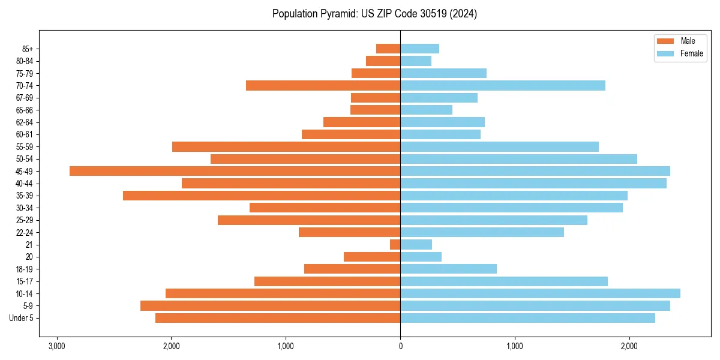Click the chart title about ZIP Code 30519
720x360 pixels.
coord(374,14)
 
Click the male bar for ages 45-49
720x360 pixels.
coord(235,171)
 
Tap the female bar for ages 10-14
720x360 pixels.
coord(540,293)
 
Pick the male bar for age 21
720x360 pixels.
coord(395,244)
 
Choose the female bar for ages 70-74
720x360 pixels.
coord(503,85)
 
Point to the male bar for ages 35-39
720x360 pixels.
coord(262,196)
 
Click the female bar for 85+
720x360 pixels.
coord(419,49)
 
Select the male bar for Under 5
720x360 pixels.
coord(278,318)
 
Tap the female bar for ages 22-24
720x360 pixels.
coord(482,232)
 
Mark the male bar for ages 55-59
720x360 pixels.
coord(286,146)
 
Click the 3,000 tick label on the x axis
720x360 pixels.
coord(57,346)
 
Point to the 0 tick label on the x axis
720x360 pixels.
coord(400,346)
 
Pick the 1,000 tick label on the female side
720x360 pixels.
coord(515,346)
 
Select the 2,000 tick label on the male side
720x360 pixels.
coord(172,346)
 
